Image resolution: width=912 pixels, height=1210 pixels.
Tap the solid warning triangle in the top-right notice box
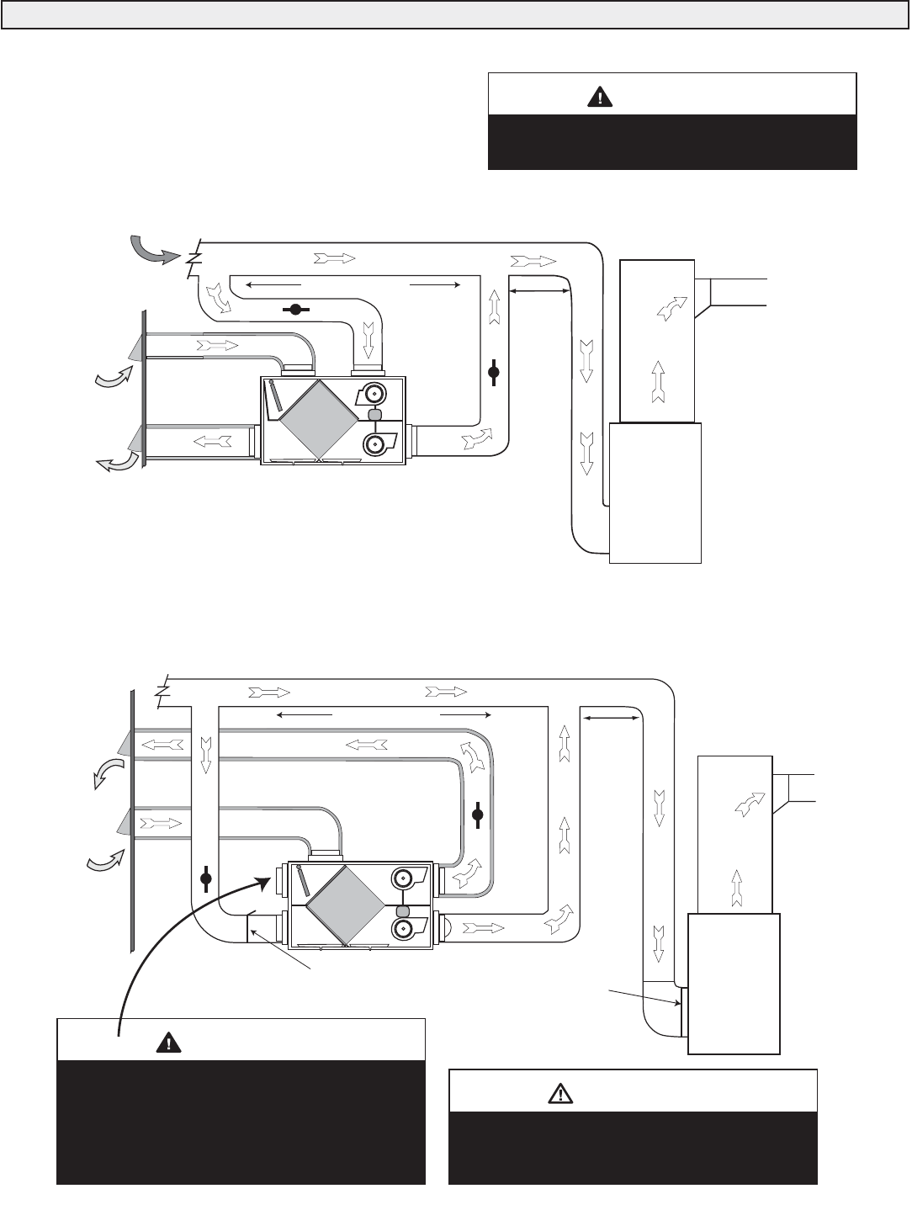click(x=599, y=97)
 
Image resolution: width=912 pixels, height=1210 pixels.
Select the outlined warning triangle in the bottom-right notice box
click(x=559, y=1092)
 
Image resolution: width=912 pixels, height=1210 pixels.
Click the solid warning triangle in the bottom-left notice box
click(x=169, y=1043)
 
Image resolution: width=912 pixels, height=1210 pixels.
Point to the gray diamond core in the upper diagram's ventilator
click(x=317, y=417)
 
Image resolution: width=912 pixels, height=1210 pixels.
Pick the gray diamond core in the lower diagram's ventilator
click(x=344, y=905)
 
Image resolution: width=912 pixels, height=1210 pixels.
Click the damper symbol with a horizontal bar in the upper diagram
click(x=294, y=310)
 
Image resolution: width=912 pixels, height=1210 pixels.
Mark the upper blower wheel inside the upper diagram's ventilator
click(x=373, y=393)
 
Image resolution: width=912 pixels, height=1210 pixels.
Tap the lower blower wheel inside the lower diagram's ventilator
click(x=405, y=928)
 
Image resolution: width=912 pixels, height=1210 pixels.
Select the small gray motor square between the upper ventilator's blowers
click(x=375, y=416)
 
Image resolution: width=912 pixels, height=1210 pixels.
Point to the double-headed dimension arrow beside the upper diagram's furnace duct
click(x=539, y=291)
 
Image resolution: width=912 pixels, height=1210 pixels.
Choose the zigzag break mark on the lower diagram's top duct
click(x=164, y=687)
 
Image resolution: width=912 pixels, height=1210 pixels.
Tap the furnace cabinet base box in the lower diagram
click(x=734, y=982)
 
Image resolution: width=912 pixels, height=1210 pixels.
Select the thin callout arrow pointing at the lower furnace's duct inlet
click(x=644, y=997)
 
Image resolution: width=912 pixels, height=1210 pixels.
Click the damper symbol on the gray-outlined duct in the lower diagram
click(x=478, y=814)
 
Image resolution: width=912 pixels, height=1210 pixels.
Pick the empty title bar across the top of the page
click(x=455, y=15)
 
